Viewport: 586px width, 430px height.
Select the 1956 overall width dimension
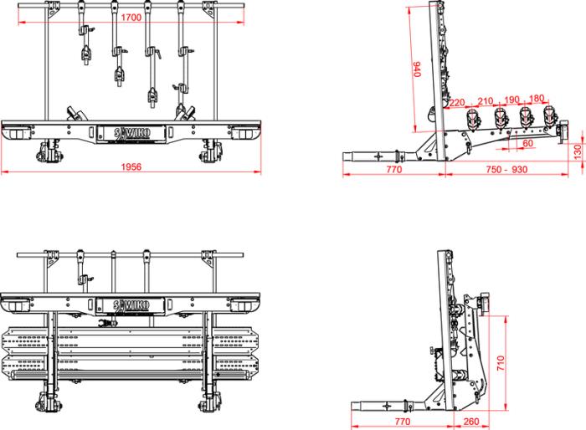click(131, 166)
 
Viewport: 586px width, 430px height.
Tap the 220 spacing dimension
click(457, 103)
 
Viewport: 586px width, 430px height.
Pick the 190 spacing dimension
click(513, 99)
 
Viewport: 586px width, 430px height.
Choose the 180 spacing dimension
click(537, 99)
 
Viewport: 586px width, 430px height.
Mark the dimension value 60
click(527, 143)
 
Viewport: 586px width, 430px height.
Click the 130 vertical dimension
click(577, 151)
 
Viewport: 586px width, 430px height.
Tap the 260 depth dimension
click(470, 422)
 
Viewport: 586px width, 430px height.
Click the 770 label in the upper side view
click(394, 169)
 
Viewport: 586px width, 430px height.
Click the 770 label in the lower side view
click(401, 422)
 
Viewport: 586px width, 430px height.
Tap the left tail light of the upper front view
click(16, 133)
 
